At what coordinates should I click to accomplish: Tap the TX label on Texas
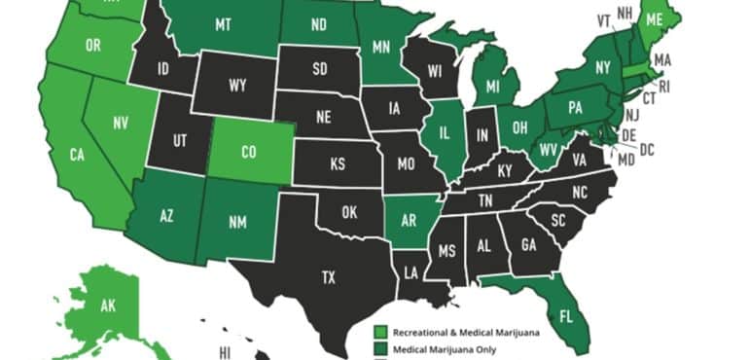328,278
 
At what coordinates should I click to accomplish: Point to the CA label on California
78,154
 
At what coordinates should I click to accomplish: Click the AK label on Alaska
107,307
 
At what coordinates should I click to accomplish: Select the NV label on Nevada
120,123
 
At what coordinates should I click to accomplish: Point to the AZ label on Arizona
167,216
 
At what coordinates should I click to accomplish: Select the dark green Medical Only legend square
381,347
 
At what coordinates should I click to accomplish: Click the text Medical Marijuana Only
446,347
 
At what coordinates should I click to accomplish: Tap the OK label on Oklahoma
348,211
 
